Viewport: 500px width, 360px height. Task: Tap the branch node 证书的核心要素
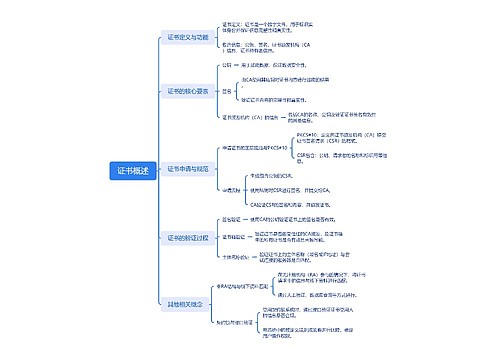(x=187, y=90)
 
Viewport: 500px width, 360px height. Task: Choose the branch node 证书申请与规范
(x=187, y=169)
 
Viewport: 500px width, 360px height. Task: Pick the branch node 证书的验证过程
(x=187, y=237)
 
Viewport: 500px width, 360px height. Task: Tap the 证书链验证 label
(x=231, y=237)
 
